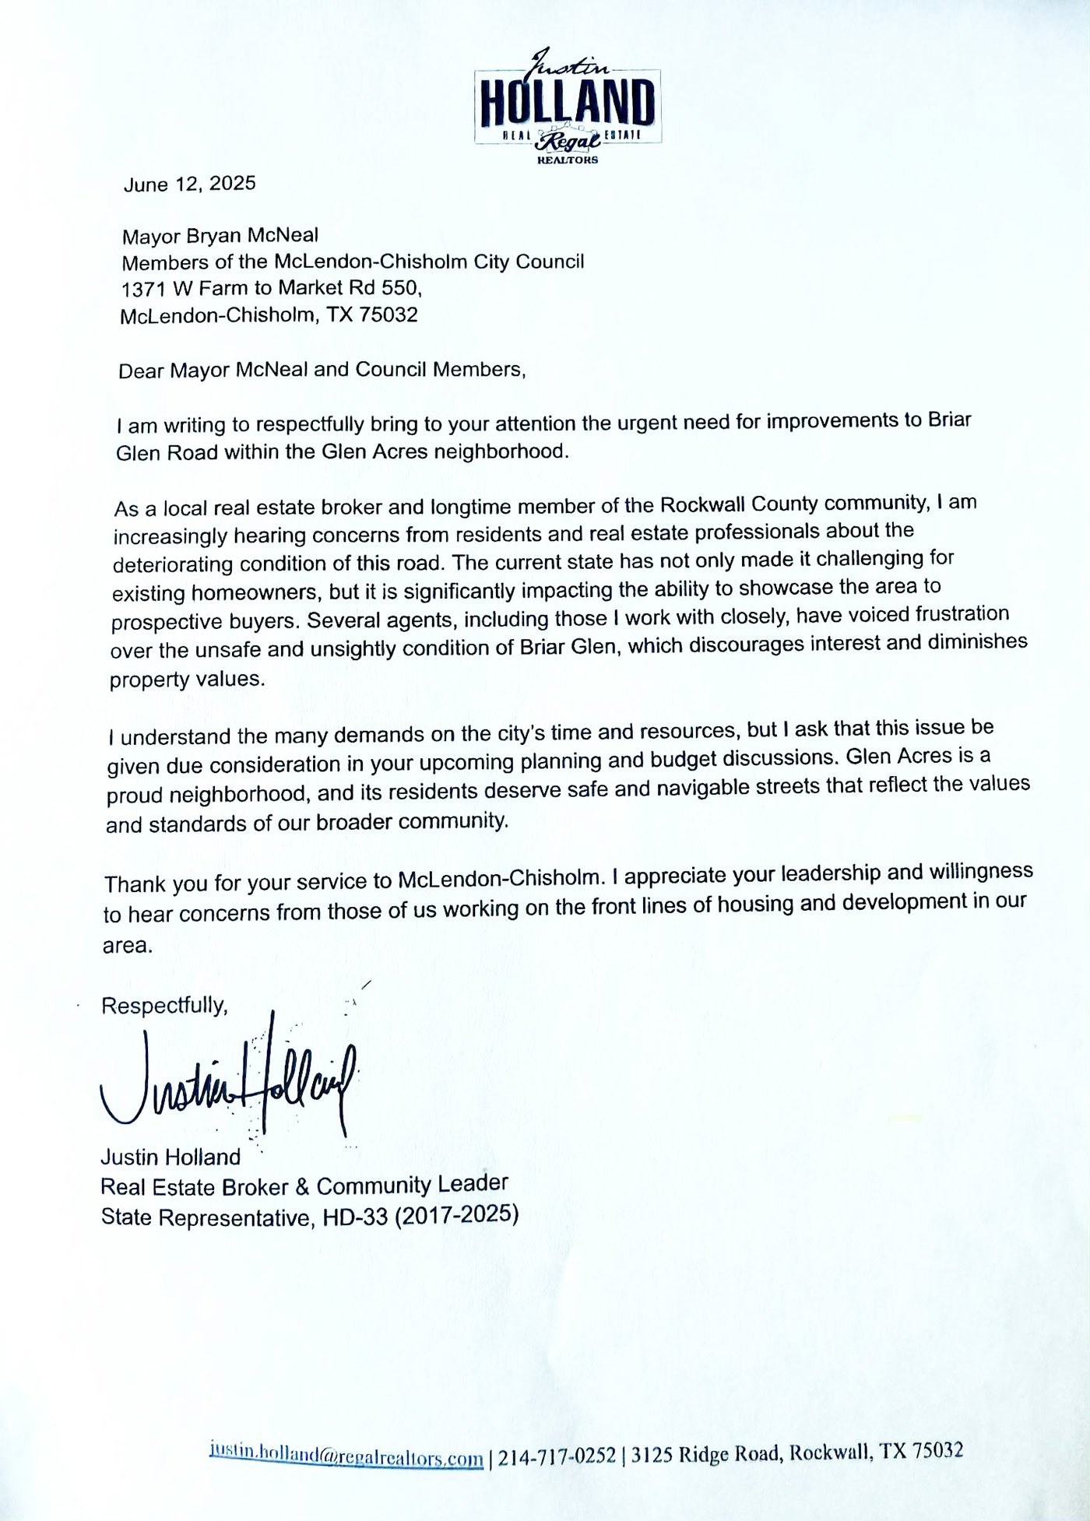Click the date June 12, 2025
tap(189, 184)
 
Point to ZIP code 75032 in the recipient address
tap(389, 315)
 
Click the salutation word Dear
tap(141, 371)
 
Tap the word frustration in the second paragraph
tap(962, 613)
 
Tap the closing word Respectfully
tap(164, 1006)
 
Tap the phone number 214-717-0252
tap(557, 1456)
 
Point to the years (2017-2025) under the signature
tap(456, 1215)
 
